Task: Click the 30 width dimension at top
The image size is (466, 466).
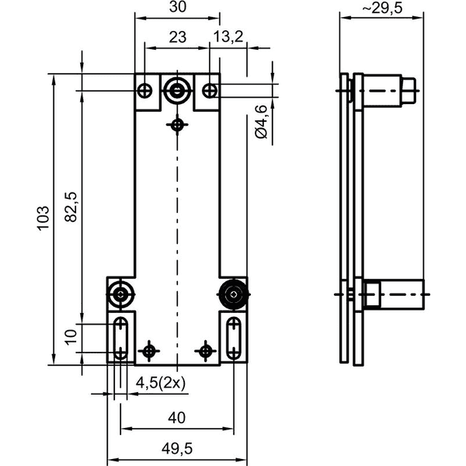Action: pyautogui.click(x=178, y=7)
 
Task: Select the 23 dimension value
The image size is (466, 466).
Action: pyautogui.click(x=178, y=37)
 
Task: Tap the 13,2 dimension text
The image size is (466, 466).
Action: pyautogui.click(x=228, y=37)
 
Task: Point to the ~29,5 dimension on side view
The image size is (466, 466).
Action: pyautogui.click(x=382, y=8)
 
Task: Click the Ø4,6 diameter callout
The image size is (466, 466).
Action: pyautogui.click(x=261, y=122)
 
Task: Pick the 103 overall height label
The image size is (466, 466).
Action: pyautogui.click(x=43, y=217)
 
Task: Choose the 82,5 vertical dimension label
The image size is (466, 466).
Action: pyautogui.click(x=71, y=207)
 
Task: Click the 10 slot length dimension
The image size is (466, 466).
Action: pyautogui.click(x=71, y=337)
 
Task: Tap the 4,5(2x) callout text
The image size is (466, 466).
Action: pyautogui.click(x=161, y=383)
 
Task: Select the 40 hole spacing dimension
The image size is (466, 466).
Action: pyautogui.click(x=176, y=418)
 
